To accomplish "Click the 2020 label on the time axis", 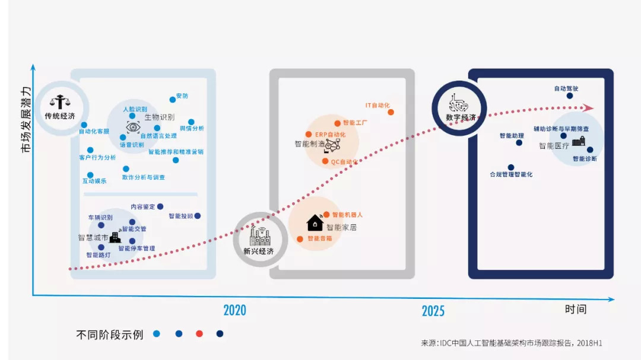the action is tap(234, 310).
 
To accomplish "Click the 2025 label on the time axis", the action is tap(433, 311).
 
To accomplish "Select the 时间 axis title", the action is tap(575, 309).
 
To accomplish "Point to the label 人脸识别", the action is tap(135, 109).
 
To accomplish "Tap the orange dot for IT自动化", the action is tap(391, 111).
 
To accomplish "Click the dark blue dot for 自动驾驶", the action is tap(570, 95).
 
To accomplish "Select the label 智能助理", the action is tap(512, 136).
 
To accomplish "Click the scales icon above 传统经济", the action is tap(59, 101).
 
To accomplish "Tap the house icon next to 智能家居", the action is tap(315, 222).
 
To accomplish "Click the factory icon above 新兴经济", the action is tap(260, 236).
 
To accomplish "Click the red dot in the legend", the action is tap(199, 334).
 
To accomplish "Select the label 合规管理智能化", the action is tap(511, 174).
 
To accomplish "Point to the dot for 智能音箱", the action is tap(300, 238).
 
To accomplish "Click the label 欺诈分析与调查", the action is tap(144, 177).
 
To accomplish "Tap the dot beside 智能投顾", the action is tap(198, 216).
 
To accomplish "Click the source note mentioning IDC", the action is tap(512, 343).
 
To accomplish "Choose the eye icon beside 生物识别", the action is tap(132, 126).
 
